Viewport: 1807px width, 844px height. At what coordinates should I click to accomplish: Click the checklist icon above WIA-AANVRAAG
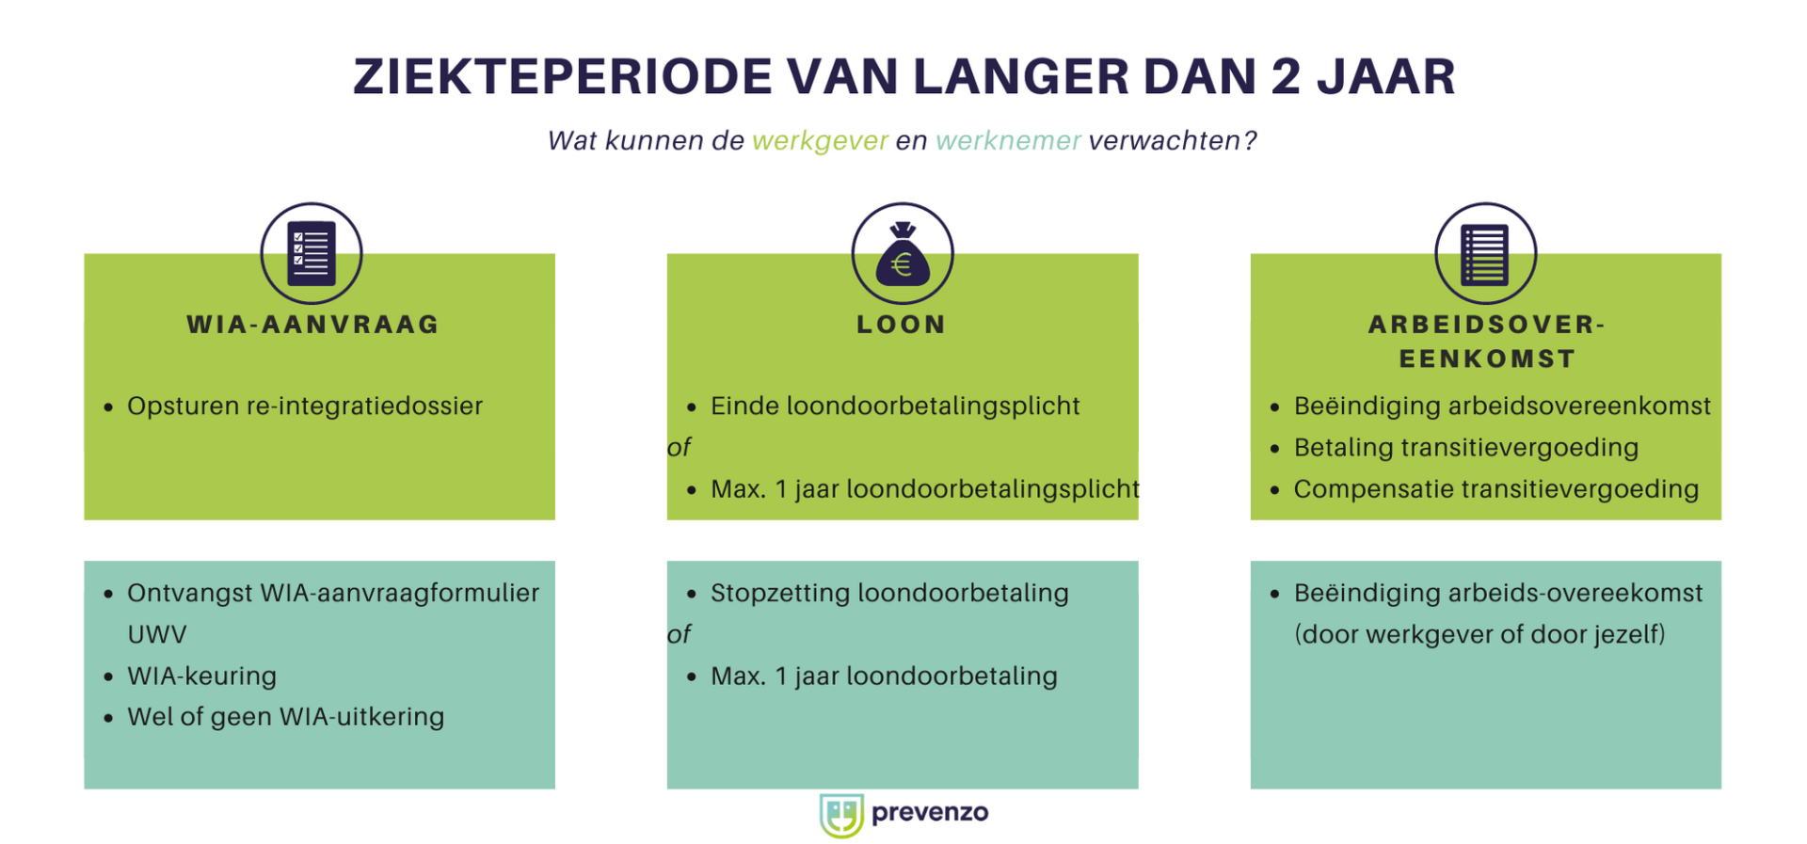(x=312, y=253)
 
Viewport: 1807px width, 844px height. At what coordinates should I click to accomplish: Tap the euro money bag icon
(x=902, y=254)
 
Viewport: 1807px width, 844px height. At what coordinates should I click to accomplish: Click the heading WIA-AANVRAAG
(x=313, y=325)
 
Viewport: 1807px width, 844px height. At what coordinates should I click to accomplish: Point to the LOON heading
(x=902, y=325)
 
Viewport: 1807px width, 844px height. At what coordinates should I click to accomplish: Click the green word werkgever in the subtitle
(x=820, y=141)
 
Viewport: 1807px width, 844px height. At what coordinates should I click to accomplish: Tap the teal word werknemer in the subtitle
(x=1008, y=141)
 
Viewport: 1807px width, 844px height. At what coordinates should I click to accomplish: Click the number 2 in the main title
(x=1286, y=77)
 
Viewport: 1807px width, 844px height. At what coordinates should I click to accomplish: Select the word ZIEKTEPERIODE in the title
(x=563, y=77)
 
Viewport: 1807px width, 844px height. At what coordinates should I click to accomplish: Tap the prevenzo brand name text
(x=930, y=813)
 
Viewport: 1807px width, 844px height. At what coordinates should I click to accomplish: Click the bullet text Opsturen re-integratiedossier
(x=305, y=406)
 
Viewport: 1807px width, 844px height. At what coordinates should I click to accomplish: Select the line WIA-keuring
(x=202, y=676)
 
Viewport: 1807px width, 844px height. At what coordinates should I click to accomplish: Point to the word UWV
(x=157, y=634)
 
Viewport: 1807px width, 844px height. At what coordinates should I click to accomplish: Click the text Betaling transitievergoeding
(x=1465, y=448)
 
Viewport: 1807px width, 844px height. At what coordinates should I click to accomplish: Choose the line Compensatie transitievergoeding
(x=1495, y=489)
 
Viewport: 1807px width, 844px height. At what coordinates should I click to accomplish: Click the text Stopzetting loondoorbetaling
(x=889, y=593)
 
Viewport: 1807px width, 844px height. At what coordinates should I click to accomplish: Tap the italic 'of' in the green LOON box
(x=679, y=448)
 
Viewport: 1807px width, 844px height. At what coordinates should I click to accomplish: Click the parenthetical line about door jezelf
(x=1479, y=634)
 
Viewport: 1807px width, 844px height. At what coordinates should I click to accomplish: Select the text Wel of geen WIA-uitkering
(x=285, y=717)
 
